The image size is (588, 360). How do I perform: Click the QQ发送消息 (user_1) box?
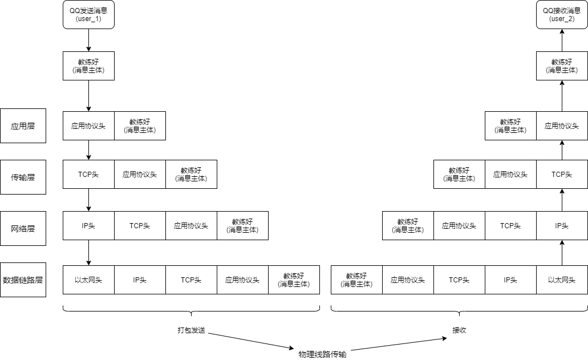tap(88, 15)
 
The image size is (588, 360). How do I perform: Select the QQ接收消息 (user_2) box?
tap(562, 15)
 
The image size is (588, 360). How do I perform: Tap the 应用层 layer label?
tap(23, 126)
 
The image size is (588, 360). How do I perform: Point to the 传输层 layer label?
tap(23, 177)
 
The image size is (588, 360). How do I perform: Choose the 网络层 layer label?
tap(23, 228)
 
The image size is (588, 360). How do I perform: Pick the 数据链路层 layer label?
tap(23, 280)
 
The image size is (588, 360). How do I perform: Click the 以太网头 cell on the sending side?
tap(88, 280)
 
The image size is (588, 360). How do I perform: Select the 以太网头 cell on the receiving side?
tap(562, 280)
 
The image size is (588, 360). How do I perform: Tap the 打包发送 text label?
tap(190, 330)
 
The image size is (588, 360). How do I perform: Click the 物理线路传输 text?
tap(322, 354)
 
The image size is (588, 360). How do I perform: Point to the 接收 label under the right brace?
tap(459, 330)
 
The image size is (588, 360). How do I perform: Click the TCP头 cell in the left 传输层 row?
tap(88, 174)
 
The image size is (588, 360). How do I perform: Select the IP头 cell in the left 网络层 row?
tap(88, 225)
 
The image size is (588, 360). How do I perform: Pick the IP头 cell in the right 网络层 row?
tap(562, 225)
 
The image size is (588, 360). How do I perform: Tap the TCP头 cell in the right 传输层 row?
tap(562, 174)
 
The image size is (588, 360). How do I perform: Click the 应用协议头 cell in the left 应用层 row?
tap(88, 126)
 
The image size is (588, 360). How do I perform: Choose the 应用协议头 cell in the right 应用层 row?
tap(562, 126)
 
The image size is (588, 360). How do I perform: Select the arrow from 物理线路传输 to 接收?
tap(399, 344)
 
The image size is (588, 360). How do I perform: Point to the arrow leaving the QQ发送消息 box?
tap(88, 40)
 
